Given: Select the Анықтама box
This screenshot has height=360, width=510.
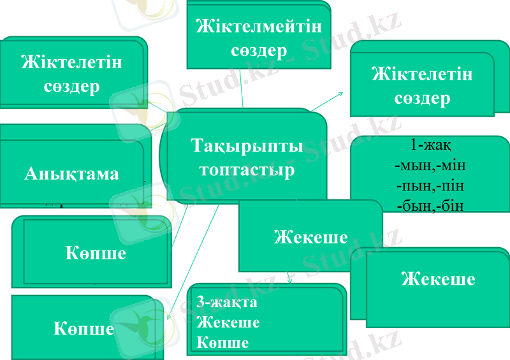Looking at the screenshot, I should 71,173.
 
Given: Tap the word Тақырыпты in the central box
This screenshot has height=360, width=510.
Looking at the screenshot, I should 247,147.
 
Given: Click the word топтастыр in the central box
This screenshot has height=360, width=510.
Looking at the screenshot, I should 247,171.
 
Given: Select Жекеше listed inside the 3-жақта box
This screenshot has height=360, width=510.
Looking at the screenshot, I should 229,322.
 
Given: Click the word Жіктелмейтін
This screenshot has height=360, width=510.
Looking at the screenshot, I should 259,27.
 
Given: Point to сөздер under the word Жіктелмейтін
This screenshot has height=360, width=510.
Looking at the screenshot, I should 259,50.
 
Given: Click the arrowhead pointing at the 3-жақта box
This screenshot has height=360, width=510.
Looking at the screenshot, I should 291,280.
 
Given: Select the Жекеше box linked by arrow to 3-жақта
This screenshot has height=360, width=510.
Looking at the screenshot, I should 310,237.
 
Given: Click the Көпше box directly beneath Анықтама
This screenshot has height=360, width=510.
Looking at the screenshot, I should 96,252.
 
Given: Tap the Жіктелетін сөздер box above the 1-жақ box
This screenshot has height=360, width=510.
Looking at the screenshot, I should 422,86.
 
